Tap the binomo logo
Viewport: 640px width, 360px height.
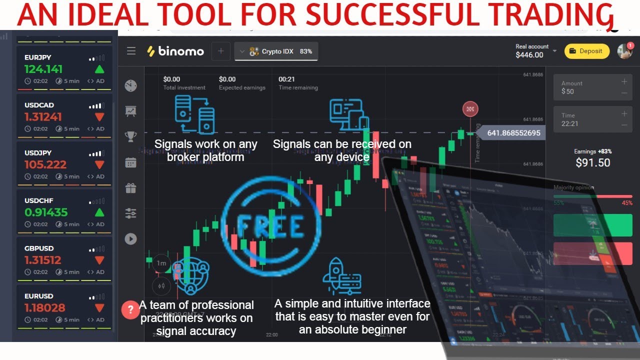[175, 51]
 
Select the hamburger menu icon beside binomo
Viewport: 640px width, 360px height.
[131, 51]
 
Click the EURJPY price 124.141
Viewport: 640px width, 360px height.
[43, 69]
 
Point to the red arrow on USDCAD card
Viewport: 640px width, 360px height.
[99, 117]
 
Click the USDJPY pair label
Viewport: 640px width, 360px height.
[38, 153]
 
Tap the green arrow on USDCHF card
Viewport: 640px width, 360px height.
[99, 212]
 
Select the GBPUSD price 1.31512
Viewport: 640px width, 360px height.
[42, 260]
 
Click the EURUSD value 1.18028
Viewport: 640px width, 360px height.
[43, 307]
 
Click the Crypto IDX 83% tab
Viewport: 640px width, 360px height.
[276, 51]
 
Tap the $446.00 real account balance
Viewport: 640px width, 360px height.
[529, 55]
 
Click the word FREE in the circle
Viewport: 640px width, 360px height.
[270, 227]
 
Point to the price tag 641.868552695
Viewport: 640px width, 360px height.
[513, 133]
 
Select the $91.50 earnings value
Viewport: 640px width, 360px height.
[592, 162]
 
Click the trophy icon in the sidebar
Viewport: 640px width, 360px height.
[131, 136]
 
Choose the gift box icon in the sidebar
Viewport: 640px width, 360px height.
[131, 188]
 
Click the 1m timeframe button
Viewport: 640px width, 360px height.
[161, 263]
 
